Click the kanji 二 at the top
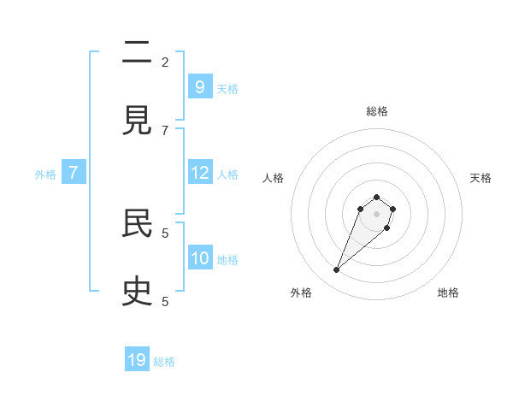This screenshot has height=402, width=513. [x=137, y=53]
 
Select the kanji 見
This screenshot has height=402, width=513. [x=137, y=121]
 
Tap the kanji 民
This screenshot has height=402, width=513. [x=137, y=224]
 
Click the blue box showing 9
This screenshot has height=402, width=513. [x=199, y=86]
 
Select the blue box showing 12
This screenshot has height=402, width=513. [x=199, y=173]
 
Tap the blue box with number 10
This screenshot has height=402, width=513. [x=199, y=258]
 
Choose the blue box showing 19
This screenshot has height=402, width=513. [x=137, y=360]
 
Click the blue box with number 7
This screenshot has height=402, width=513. [x=74, y=173]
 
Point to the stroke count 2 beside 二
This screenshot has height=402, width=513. [x=165, y=62]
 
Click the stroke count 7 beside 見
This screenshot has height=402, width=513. [x=165, y=130]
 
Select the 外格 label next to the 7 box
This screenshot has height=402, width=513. [x=45, y=174]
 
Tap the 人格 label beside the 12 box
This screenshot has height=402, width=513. [x=227, y=174]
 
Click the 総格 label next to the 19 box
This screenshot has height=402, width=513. [x=164, y=362]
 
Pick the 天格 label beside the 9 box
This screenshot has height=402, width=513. [x=227, y=88]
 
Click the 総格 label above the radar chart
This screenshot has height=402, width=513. [x=377, y=111]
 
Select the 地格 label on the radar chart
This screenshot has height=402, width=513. [x=448, y=293]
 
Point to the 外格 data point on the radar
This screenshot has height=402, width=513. [x=337, y=270]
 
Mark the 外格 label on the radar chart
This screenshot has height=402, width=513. [x=301, y=293]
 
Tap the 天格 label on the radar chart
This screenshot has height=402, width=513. [x=481, y=178]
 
